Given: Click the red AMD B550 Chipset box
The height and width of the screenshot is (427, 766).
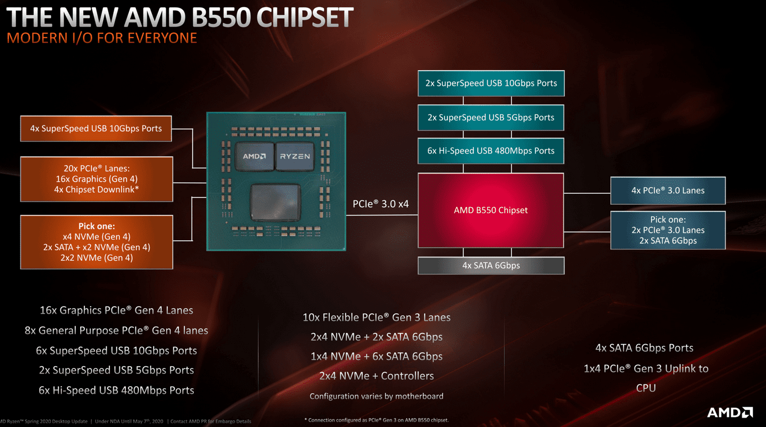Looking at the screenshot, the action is coord(491,210).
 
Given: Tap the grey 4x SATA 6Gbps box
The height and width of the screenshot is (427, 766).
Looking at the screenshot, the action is coord(491,266).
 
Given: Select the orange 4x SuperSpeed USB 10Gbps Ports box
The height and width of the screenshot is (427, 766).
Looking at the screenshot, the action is coord(96,129).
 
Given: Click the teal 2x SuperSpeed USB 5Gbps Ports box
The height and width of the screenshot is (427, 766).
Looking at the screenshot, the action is coord(491,117).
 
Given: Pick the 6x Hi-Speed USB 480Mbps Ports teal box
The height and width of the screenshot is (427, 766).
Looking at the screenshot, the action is coord(491,151).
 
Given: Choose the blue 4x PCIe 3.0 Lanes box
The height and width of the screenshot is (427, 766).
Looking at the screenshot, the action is coord(668,191).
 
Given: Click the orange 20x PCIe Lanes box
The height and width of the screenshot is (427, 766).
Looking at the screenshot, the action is coord(97,179).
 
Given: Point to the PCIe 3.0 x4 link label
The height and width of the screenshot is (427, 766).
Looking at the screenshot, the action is coord(381,204).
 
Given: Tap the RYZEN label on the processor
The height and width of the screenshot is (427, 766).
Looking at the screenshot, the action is coord(295,156).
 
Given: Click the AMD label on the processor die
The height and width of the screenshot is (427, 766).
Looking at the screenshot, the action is coord(254,156).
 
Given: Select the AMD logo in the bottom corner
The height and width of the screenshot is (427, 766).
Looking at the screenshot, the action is coord(730,412).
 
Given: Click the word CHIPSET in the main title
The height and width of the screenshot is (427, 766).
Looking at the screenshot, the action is coord(305,17).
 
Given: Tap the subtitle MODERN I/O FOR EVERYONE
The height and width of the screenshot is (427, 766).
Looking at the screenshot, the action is coord(102,38).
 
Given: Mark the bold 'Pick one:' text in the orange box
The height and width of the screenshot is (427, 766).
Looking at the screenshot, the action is coord(97,226).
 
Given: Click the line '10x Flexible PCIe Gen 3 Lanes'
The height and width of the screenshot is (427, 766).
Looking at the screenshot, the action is coord(377,318).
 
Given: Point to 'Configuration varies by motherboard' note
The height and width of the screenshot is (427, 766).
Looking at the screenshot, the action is coord(377,396).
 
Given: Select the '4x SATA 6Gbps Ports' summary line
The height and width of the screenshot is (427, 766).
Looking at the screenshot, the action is coord(645,348).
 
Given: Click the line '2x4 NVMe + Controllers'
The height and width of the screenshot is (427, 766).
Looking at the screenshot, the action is coord(377,376).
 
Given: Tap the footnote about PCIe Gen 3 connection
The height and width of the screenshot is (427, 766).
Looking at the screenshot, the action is coord(377,420).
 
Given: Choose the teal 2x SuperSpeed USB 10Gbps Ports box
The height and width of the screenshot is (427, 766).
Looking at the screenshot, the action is coord(491,83).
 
